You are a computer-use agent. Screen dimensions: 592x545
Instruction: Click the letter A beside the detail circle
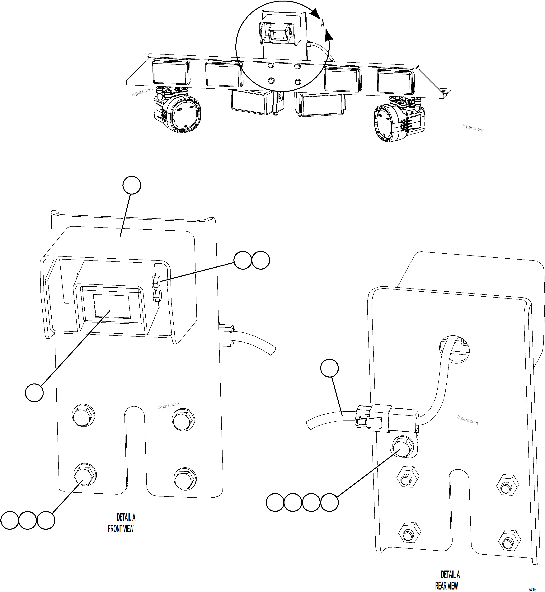pyautogui.click(x=323, y=23)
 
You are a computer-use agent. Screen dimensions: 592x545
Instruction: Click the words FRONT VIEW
pyautogui.click(x=121, y=529)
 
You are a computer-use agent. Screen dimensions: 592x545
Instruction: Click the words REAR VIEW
pyautogui.click(x=447, y=585)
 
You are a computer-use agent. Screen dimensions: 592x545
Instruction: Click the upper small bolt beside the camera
pyautogui.click(x=156, y=281)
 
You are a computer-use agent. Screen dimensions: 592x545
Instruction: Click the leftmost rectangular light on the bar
pyautogui.click(x=171, y=72)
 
